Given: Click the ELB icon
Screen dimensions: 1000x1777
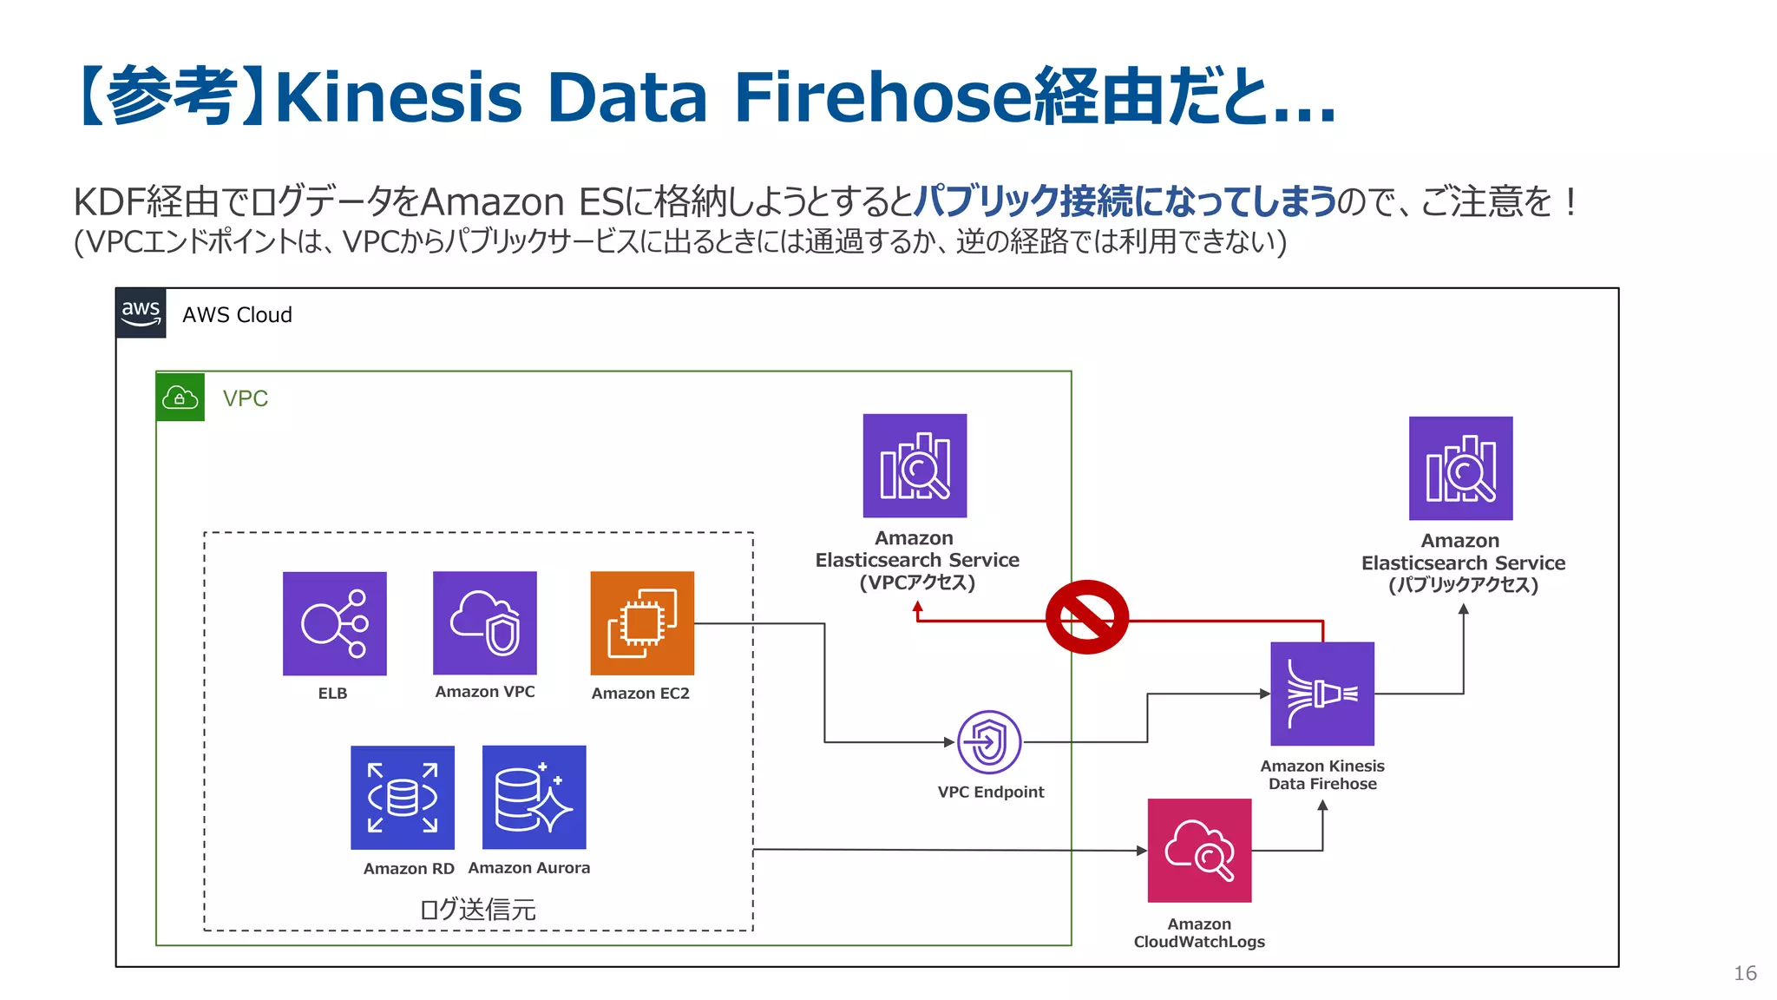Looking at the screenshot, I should [334, 623].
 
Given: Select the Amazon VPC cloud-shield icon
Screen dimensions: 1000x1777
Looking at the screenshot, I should [485, 622].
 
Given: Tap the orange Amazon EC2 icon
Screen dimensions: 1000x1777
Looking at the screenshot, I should [642, 622].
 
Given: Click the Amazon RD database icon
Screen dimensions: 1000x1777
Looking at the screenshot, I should [403, 797].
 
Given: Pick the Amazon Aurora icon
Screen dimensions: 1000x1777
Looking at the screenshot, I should [534, 797].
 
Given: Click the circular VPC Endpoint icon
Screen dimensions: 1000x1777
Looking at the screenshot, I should [989, 742].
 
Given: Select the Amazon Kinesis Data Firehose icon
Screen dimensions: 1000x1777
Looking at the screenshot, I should [1322, 694].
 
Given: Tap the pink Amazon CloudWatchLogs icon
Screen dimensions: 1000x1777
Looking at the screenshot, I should [1199, 851].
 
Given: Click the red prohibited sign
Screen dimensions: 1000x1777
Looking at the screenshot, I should [1086, 617].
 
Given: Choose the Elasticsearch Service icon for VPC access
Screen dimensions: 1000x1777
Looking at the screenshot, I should [915, 466].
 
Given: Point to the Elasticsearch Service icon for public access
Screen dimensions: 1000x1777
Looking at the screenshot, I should [1460, 469].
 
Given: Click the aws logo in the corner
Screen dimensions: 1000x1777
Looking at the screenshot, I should [141, 313].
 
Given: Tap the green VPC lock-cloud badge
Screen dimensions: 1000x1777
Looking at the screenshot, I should [180, 398].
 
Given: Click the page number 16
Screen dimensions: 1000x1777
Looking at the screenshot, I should [1745, 973].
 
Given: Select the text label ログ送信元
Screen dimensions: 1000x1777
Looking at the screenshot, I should [478, 909].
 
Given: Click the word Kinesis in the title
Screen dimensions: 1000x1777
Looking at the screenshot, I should [398, 97].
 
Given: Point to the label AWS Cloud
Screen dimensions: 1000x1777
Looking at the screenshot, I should [237, 315].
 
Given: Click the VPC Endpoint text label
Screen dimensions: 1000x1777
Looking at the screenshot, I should [991, 792].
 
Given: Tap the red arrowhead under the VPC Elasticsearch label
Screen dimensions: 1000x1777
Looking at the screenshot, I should [917, 608].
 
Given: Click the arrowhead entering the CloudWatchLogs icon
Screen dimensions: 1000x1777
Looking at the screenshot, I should [1141, 851].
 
